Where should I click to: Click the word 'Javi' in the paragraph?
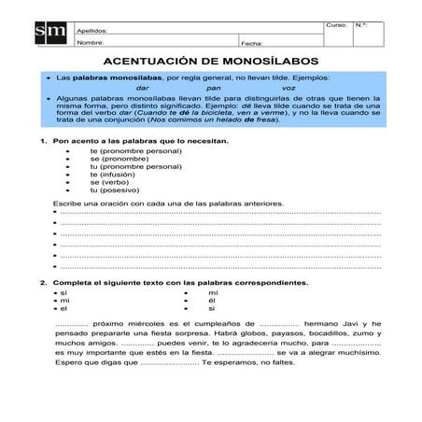point(343,324)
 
